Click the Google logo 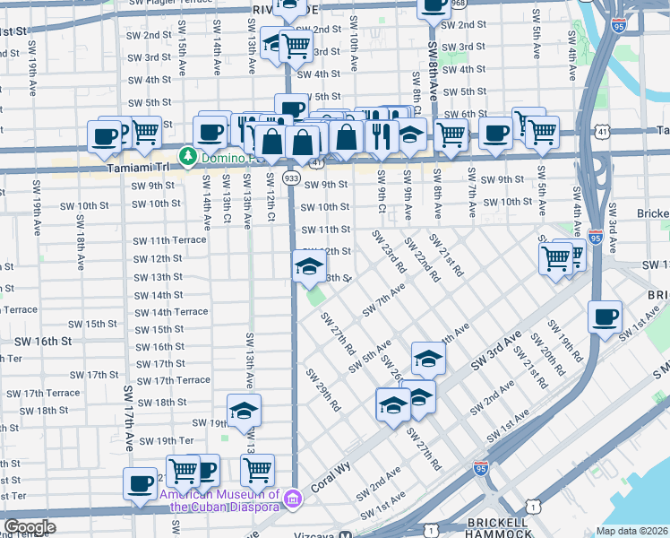pos(30,527)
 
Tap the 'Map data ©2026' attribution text pos(632,531)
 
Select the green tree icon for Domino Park pos(188,157)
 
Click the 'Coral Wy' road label pos(328,482)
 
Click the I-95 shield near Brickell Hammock pos(482,467)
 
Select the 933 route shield pos(292,178)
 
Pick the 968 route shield pos(459,4)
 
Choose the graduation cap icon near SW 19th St pos(244,411)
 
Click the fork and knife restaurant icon pos(382,134)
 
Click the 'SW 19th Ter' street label pos(163,440)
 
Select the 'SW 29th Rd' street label pos(323,389)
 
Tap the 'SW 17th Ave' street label pos(129,418)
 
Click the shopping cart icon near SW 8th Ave pos(451,134)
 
